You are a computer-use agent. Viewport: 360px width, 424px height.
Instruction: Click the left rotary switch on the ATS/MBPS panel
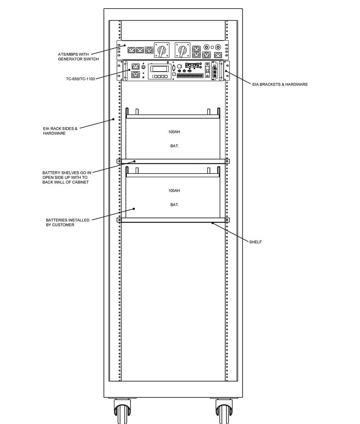coord(162,50)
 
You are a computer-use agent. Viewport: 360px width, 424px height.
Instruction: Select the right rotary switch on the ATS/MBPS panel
coord(182,50)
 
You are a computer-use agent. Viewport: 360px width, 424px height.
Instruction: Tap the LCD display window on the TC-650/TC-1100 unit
coord(159,68)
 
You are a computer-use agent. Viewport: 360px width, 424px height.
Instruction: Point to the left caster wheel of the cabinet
coord(122,411)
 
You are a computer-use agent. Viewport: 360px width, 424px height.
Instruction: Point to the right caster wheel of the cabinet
coord(224,411)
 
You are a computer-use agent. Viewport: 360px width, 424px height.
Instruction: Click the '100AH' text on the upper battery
coord(174,132)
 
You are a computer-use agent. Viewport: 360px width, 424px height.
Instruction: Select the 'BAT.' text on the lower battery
coord(174,205)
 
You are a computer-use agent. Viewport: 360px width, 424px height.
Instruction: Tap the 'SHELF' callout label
coord(255,242)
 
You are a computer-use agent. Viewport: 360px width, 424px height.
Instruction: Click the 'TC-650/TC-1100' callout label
coord(80,79)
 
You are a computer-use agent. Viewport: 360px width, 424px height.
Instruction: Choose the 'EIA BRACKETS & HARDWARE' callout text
coord(280,84)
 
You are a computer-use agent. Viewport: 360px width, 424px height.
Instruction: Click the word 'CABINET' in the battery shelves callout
coord(80,182)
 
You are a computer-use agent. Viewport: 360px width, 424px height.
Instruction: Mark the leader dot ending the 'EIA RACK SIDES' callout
coord(114,119)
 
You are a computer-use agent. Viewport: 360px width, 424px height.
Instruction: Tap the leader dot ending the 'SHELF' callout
coord(212,223)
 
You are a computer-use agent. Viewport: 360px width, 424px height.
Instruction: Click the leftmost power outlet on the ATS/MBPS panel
coord(131,50)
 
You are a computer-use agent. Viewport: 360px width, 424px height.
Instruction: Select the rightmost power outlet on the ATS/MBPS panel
coord(218,55)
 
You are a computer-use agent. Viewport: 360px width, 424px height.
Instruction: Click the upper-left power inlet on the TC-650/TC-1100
coord(136,67)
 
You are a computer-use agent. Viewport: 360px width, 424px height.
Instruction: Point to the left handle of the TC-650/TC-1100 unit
coord(126,70)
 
